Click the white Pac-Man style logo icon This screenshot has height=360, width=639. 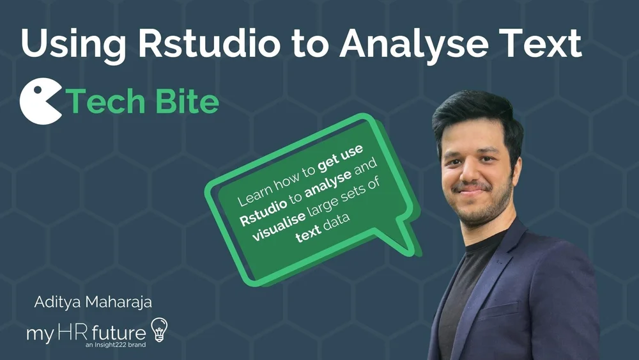click(x=40, y=102)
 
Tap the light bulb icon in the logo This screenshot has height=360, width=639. click(x=158, y=329)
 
